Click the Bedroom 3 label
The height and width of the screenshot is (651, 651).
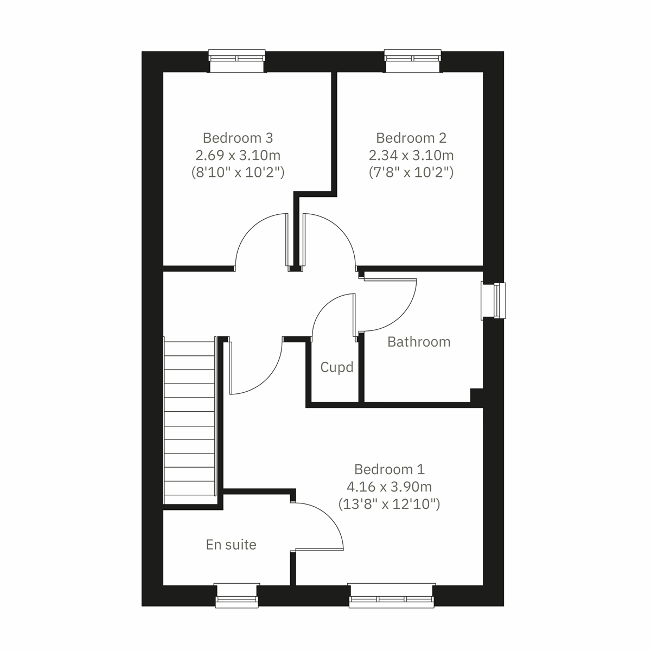(238, 138)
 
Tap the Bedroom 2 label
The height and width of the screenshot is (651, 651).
(411, 138)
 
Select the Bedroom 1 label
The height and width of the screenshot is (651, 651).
(389, 469)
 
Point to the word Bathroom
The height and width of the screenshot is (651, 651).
(419, 342)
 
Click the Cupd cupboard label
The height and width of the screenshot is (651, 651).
(337, 368)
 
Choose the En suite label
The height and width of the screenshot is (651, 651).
(231, 545)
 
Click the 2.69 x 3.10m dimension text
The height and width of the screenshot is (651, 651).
(238, 156)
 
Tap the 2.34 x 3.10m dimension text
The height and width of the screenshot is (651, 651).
(411, 156)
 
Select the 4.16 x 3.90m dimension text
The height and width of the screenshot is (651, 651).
(389, 487)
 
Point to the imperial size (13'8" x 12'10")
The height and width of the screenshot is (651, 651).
(389, 505)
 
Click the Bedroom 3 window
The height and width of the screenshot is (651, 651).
(238, 60)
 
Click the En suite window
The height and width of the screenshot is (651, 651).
(236, 595)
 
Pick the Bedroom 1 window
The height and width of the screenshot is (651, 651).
(392, 595)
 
